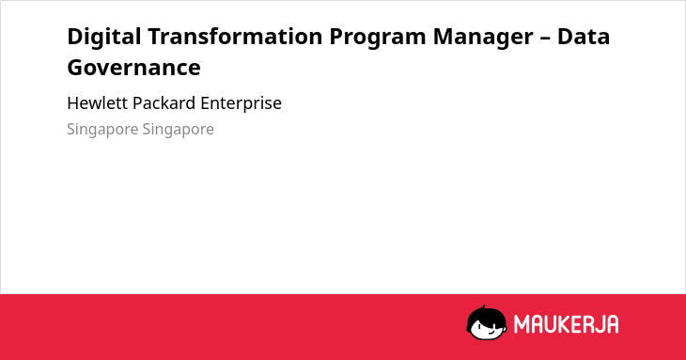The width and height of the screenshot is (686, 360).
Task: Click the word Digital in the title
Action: coord(104,37)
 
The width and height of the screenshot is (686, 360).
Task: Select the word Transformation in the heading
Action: coord(235,36)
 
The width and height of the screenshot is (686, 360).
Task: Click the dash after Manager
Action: coord(545,38)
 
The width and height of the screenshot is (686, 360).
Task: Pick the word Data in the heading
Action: coord(584,36)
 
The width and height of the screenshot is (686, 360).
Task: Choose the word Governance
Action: coord(133,68)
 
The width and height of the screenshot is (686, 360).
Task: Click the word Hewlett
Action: coord(97,103)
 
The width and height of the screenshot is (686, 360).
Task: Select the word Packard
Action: coord(164,103)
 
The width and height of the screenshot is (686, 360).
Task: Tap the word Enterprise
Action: coord(242,104)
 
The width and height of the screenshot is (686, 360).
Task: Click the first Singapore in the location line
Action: coord(101,130)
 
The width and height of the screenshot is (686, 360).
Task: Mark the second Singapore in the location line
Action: coord(178,130)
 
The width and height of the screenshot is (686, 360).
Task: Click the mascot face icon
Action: coord(487,322)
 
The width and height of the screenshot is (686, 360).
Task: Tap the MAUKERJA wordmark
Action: coord(566,324)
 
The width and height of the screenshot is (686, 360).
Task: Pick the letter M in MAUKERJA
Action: coord(521,324)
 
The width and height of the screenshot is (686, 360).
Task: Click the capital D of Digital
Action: coord(75,37)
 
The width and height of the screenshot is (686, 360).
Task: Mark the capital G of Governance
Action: coord(75,68)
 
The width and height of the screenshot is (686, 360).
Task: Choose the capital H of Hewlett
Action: coord(73,103)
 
